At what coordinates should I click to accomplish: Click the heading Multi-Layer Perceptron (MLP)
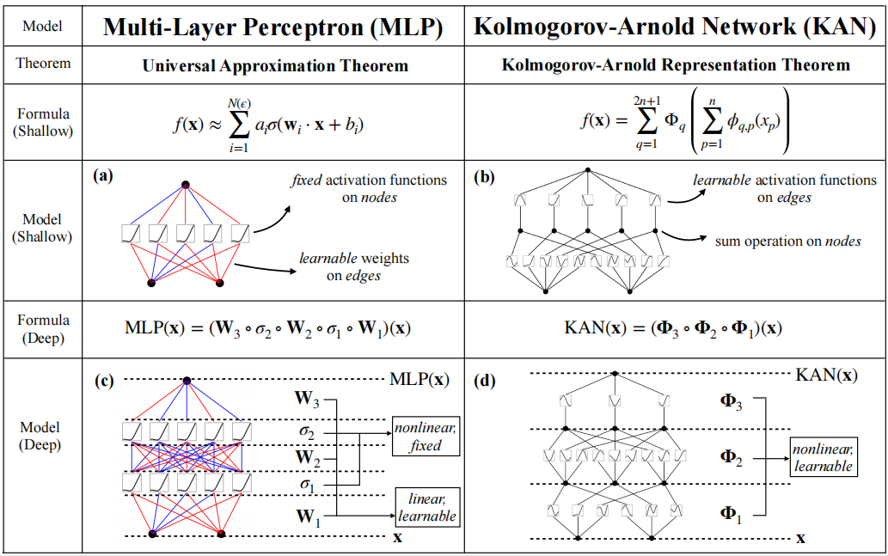click(x=273, y=27)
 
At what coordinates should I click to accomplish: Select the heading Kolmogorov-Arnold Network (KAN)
click(x=675, y=27)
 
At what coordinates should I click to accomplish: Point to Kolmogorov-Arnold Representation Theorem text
click(x=675, y=65)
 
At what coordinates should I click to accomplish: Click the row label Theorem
click(x=43, y=64)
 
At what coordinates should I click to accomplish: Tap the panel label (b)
click(x=483, y=177)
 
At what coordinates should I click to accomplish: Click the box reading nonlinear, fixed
click(x=426, y=437)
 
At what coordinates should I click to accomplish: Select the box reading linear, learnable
click(x=426, y=507)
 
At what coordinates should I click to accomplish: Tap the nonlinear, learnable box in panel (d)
click(x=823, y=457)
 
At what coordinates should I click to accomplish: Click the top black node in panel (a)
click(x=185, y=185)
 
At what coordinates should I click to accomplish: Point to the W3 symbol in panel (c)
click(x=307, y=399)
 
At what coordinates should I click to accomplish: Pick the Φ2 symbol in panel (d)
click(x=731, y=457)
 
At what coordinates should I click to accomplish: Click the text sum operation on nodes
click(x=787, y=241)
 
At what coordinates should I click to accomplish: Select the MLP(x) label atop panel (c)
click(x=419, y=379)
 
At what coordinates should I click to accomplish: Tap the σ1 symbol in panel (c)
click(x=307, y=486)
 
